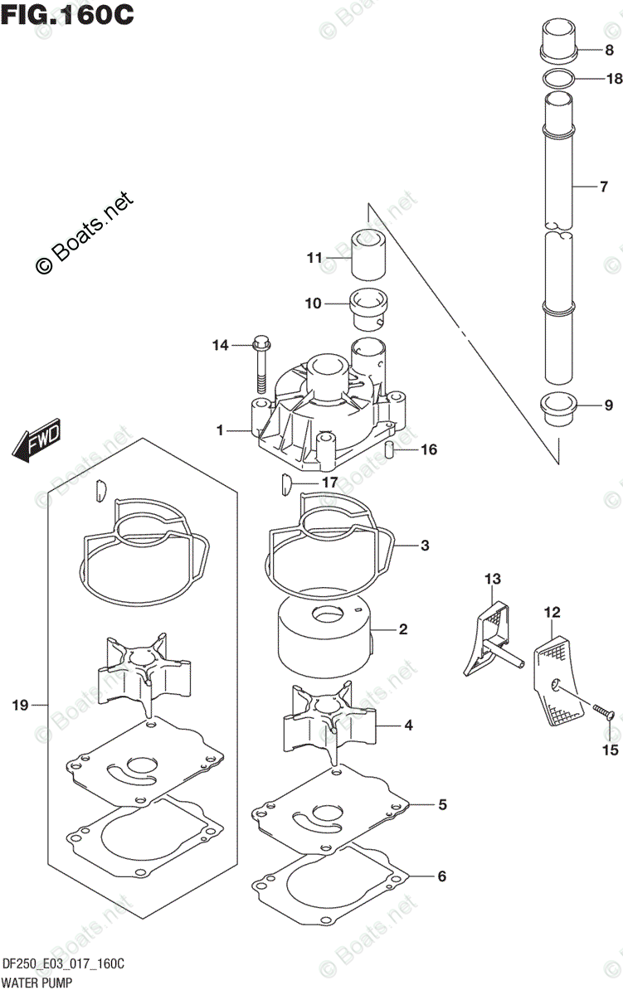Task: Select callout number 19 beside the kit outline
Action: pos(21,705)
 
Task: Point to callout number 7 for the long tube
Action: pos(605,187)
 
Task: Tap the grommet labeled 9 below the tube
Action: pos(557,407)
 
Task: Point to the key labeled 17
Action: pos(283,483)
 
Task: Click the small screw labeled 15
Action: pos(601,712)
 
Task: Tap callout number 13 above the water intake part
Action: pos(493,577)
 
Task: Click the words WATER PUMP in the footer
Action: pos(36,980)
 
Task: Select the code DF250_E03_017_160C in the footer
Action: pos(63,963)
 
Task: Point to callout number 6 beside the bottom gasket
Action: pos(441,876)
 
